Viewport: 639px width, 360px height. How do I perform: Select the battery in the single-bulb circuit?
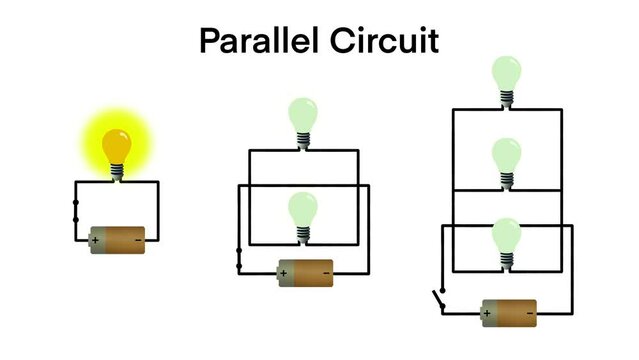pyautogui.click(x=118, y=239)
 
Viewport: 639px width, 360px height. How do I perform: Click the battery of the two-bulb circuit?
pyautogui.click(x=305, y=271)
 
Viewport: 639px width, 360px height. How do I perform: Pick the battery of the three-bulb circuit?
pyautogui.click(x=509, y=312)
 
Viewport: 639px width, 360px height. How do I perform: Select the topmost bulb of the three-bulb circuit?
pyautogui.click(x=506, y=77)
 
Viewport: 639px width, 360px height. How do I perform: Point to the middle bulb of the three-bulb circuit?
pyautogui.click(x=507, y=157)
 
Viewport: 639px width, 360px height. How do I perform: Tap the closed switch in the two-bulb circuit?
pyautogui.click(x=238, y=258)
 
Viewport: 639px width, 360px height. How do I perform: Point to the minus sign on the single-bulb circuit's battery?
pyautogui.click(x=138, y=240)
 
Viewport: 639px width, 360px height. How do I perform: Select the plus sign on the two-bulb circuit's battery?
pyautogui.click(x=284, y=272)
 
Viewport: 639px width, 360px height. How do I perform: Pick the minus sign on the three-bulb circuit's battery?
pyautogui.click(x=529, y=313)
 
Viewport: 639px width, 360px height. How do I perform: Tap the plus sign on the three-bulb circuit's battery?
pyautogui.click(x=488, y=313)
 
